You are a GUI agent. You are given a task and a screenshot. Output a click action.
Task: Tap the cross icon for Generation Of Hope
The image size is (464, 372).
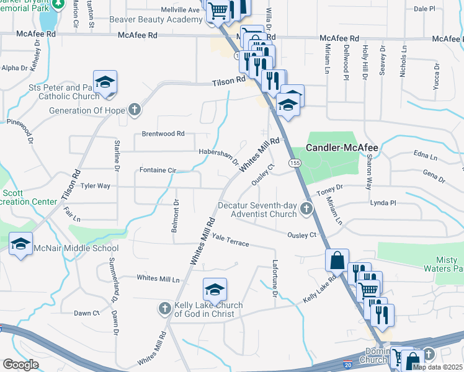pyautogui.click(x=134, y=110)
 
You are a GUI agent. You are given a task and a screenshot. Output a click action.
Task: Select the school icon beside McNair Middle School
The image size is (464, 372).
pyautogui.click(x=21, y=243)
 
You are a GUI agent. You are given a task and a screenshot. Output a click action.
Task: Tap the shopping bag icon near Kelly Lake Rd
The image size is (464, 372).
pyautogui.click(x=337, y=260)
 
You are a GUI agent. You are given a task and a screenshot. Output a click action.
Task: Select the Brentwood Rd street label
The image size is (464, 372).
pyautogui.click(x=163, y=133)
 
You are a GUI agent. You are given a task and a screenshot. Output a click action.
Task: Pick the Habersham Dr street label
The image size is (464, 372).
pyautogui.click(x=219, y=156)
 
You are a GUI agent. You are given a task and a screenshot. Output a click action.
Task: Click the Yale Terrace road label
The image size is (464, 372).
pyautogui.click(x=230, y=240)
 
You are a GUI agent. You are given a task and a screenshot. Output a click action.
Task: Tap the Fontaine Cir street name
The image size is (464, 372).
pyautogui.click(x=158, y=170)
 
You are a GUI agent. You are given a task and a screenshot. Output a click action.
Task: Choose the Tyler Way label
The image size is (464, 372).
pyautogui.click(x=95, y=185)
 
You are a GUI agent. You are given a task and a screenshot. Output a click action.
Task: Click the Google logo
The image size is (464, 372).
pyautogui.click(x=20, y=364)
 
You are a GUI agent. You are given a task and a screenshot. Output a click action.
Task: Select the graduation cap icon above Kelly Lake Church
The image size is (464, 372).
pyautogui.click(x=215, y=289)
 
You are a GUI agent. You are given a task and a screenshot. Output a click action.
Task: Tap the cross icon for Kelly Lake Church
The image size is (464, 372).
pyautogui.click(x=164, y=308)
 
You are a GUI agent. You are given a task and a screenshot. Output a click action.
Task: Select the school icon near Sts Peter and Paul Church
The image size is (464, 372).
pyautogui.click(x=105, y=82)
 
